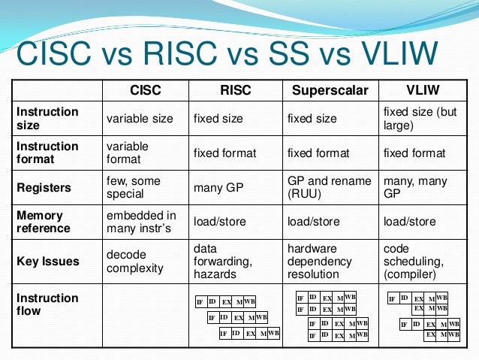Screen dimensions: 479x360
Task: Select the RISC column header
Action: point(235,91)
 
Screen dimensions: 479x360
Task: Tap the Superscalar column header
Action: point(330,91)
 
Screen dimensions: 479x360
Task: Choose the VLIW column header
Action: point(423,91)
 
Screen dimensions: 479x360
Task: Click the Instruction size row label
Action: point(47,118)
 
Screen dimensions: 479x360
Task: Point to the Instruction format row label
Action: point(47,153)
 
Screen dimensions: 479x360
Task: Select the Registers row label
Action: point(44,187)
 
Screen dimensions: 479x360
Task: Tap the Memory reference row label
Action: point(45,222)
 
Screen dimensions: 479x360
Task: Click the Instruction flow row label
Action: point(47,304)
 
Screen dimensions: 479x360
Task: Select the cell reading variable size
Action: point(140,119)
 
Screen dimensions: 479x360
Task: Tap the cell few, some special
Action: point(134,187)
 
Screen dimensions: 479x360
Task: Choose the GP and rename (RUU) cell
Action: point(329,187)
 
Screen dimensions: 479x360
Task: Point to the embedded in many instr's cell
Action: point(141,222)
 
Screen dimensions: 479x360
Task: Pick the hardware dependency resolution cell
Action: point(319,262)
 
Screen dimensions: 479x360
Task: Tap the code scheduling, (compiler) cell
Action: point(410,262)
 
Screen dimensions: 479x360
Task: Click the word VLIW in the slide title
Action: point(391,54)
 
